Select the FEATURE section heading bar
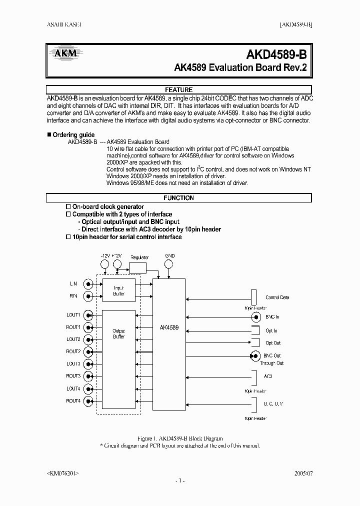pos(178,90)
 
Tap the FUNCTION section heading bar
pos(178,198)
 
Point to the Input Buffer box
pos(118,290)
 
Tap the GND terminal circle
pos(170,264)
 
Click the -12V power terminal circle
pos(105,264)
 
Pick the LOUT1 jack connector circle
pos(88,315)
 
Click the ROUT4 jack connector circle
pos(88,401)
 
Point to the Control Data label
pos(277,297)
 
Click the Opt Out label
pos(273,343)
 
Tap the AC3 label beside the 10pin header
pos(267,376)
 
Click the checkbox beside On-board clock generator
pos(69,206)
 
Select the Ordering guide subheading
pos(73,135)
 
